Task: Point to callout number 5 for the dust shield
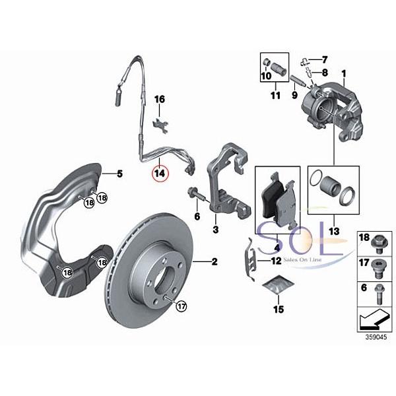pos(120,174)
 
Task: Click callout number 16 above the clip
pos(159,99)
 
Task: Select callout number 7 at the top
pos(325,60)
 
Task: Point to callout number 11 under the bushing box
pos(277,95)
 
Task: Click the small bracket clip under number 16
pos(159,123)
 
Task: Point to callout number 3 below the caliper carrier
pos(215,230)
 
